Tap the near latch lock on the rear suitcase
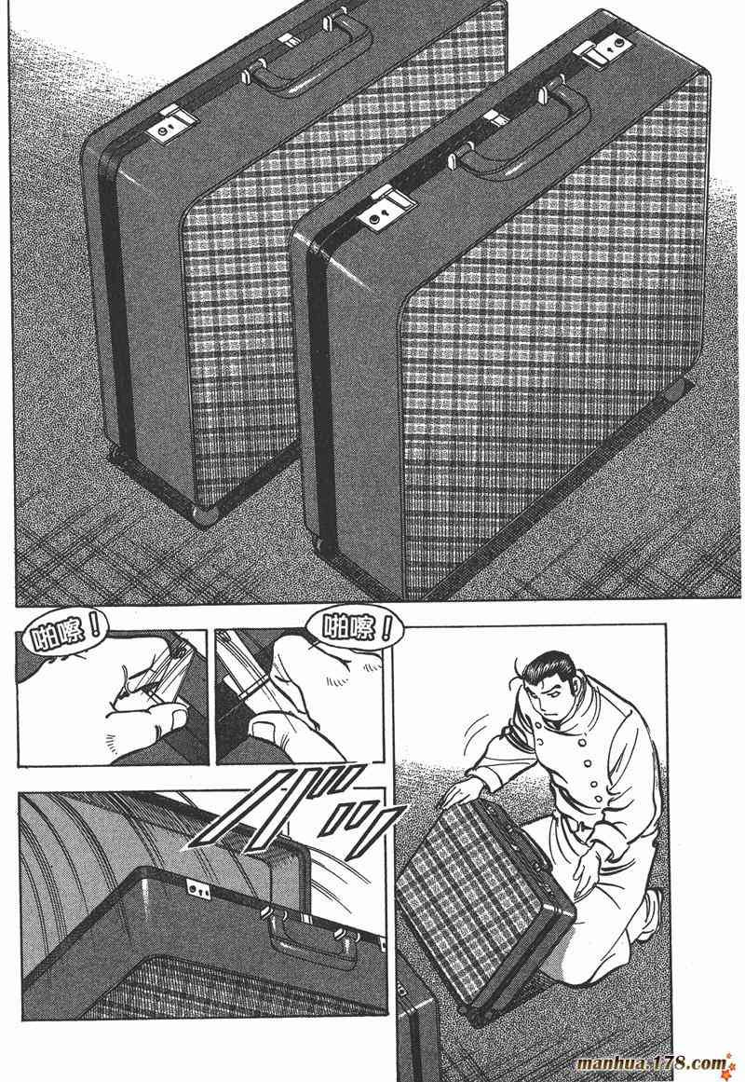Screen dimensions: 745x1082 (168, 125)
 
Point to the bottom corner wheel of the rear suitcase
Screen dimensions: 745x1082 (205, 514)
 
